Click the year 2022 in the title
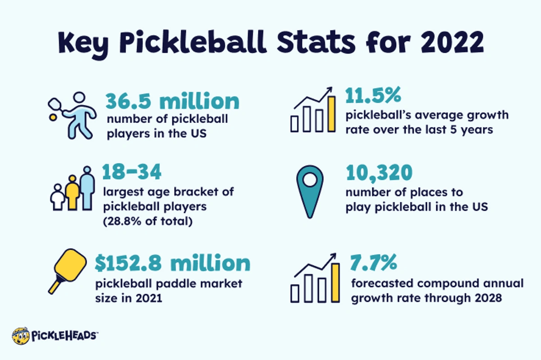pos(452,42)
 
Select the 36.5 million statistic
pos(172,101)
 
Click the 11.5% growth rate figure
pos(373,96)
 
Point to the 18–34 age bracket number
pos(132,172)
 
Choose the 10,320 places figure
pos(379,173)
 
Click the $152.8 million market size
pos(172,263)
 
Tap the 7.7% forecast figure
pos(373,262)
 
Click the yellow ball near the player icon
pos(53,117)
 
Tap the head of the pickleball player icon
pos(79,98)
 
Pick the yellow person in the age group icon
pos(73,193)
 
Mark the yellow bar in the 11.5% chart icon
pos(331,114)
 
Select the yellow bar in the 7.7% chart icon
pos(335,283)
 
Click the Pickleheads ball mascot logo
pos(21,336)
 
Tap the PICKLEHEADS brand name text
pos(64,336)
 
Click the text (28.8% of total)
pos(148,221)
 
